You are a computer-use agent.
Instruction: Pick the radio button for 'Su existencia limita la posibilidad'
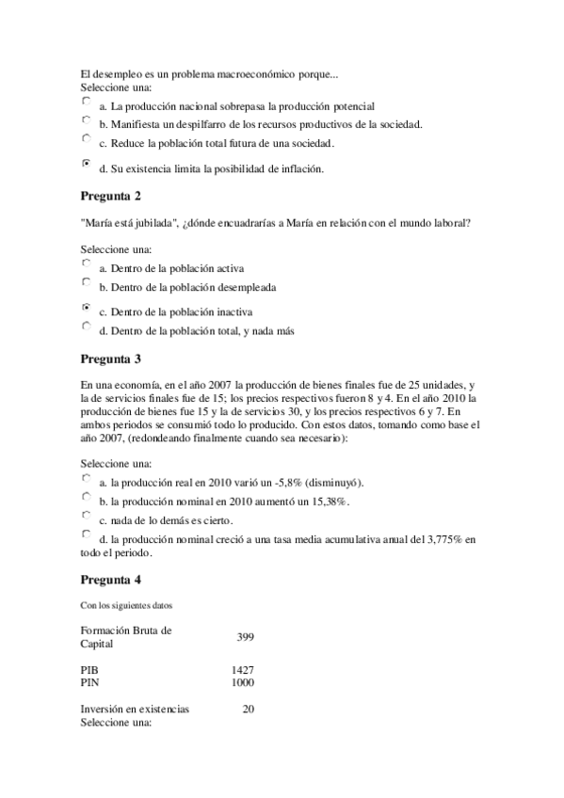(x=87, y=163)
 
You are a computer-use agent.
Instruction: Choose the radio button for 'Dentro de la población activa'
(x=87, y=264)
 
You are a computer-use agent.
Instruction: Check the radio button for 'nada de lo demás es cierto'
(x=87, y=516)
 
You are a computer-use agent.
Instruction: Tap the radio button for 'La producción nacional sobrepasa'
(x=87, y=100)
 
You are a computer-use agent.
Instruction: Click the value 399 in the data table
(x=245, y=637)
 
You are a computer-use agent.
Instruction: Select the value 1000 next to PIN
(x=242, y=681)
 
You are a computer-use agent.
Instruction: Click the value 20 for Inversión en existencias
(x=248, y=709)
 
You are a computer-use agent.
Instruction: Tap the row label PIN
(x=89, y=681)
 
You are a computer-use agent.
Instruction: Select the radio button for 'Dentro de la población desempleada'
(x=87, y=281)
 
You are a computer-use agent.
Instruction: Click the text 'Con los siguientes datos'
(x=125, y=603)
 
